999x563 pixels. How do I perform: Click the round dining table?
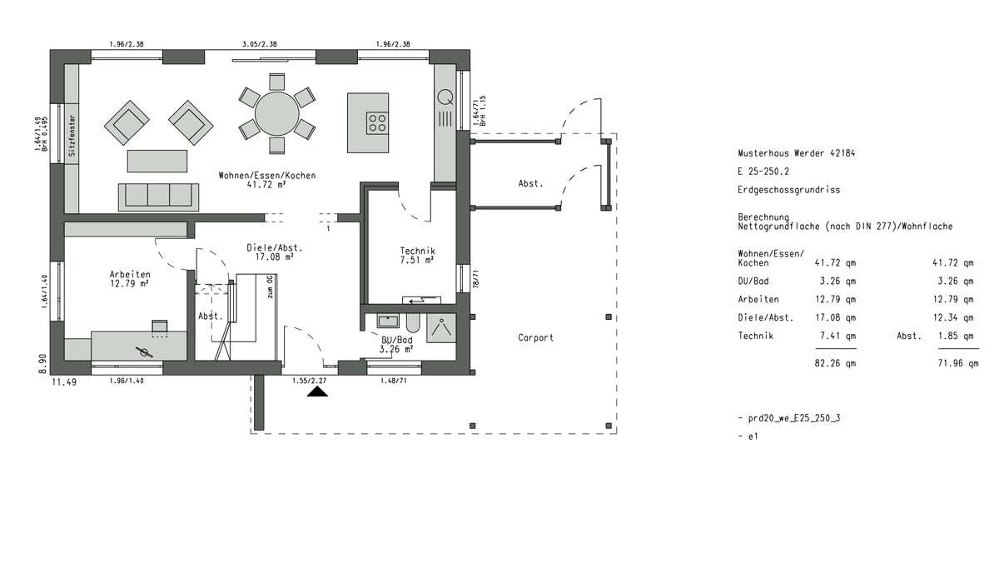277,114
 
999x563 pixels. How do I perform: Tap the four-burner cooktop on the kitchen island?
377,123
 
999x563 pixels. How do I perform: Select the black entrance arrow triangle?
317,391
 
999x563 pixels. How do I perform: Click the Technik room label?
417,252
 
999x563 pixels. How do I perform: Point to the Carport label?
535,337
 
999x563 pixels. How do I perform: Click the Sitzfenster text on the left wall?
72,136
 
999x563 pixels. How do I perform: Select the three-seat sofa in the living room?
158,197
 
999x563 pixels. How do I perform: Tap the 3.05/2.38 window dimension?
260,44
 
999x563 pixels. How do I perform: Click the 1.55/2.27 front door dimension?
310,381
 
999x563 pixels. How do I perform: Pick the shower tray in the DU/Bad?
441,328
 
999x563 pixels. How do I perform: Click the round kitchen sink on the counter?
445,97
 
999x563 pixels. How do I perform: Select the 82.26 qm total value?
835,364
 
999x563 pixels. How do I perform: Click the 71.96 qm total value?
958,364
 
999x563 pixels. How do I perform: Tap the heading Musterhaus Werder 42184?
797,153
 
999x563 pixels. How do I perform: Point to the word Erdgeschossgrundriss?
789,190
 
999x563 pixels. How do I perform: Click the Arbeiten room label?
130,274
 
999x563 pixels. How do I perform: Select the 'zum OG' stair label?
270,287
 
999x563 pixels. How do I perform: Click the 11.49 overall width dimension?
64,382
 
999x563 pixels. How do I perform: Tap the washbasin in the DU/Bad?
388,321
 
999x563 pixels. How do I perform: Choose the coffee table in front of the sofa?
157,161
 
